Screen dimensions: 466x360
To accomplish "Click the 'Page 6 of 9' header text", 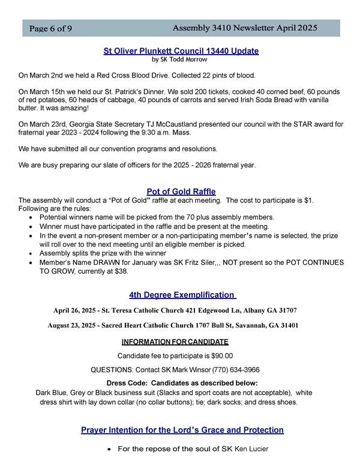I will coord(47,29).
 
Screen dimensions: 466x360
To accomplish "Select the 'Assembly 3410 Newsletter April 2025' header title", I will coord(245,28).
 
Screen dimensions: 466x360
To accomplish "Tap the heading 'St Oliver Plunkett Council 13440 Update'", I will coord(181,52).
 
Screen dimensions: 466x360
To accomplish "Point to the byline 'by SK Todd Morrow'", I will coord(181,60).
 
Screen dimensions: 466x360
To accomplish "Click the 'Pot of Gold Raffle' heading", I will coord(181,192).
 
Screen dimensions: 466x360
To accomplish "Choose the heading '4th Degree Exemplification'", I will coord(181,295).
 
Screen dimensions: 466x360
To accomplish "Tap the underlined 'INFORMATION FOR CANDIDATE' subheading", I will coord(175,342).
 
